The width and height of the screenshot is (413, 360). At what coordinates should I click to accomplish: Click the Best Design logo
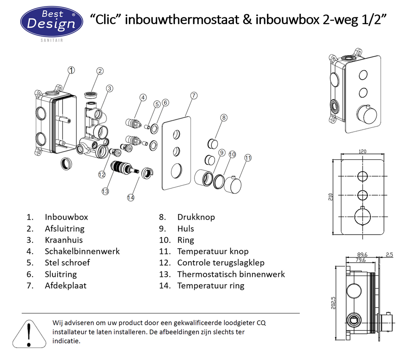51,22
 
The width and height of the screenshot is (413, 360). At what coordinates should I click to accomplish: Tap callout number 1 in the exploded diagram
71,70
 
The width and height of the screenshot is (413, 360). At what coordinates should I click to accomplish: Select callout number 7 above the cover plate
194,96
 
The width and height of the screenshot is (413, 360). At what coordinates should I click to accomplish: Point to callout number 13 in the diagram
105,191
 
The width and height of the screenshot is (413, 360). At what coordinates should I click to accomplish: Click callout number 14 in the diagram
130,197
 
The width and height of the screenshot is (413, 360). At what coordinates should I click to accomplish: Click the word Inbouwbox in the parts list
66,217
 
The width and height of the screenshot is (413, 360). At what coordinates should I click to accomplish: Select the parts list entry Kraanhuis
64,240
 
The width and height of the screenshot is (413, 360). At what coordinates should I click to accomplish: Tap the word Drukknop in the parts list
196,217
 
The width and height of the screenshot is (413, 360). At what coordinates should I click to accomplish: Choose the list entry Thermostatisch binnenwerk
231,274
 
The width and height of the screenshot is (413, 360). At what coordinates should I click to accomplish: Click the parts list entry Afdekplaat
65,285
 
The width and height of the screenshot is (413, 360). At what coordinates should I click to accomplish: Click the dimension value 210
331,197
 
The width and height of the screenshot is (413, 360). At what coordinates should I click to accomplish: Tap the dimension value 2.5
389,254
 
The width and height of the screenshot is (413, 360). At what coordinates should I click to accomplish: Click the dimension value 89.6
362,254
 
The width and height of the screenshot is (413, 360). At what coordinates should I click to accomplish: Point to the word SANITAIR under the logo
51,40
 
